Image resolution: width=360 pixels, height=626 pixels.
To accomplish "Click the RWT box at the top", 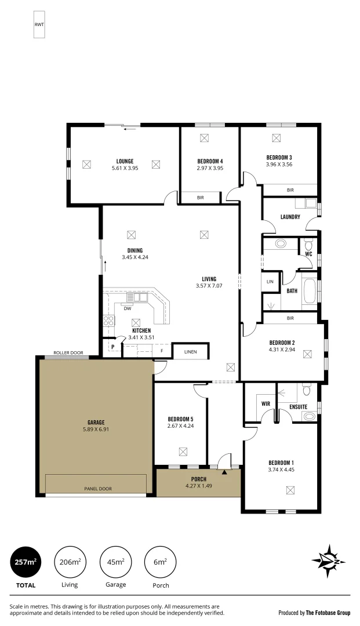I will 39,24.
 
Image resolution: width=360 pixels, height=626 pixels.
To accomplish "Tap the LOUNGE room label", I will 125,161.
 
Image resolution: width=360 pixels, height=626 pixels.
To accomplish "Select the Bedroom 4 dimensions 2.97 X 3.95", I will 210,168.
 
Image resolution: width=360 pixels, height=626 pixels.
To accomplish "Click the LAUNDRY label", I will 290,217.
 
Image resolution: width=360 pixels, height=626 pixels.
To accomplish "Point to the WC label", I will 308,254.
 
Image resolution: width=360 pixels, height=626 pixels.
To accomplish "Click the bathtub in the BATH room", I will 310,290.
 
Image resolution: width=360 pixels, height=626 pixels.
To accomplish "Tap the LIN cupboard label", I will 270,281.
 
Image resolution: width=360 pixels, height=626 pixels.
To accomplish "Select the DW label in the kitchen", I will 127,308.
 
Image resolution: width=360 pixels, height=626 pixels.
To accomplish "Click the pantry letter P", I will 114,347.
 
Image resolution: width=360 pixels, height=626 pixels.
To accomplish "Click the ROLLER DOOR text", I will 68,352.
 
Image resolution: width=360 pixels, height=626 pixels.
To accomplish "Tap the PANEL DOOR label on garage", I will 97,489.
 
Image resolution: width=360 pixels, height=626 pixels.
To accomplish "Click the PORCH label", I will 199,479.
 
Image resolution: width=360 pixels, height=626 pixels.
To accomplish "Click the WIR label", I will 266,403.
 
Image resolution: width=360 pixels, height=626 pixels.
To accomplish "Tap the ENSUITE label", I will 298,407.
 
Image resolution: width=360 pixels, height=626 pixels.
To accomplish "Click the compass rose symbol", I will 329,561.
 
